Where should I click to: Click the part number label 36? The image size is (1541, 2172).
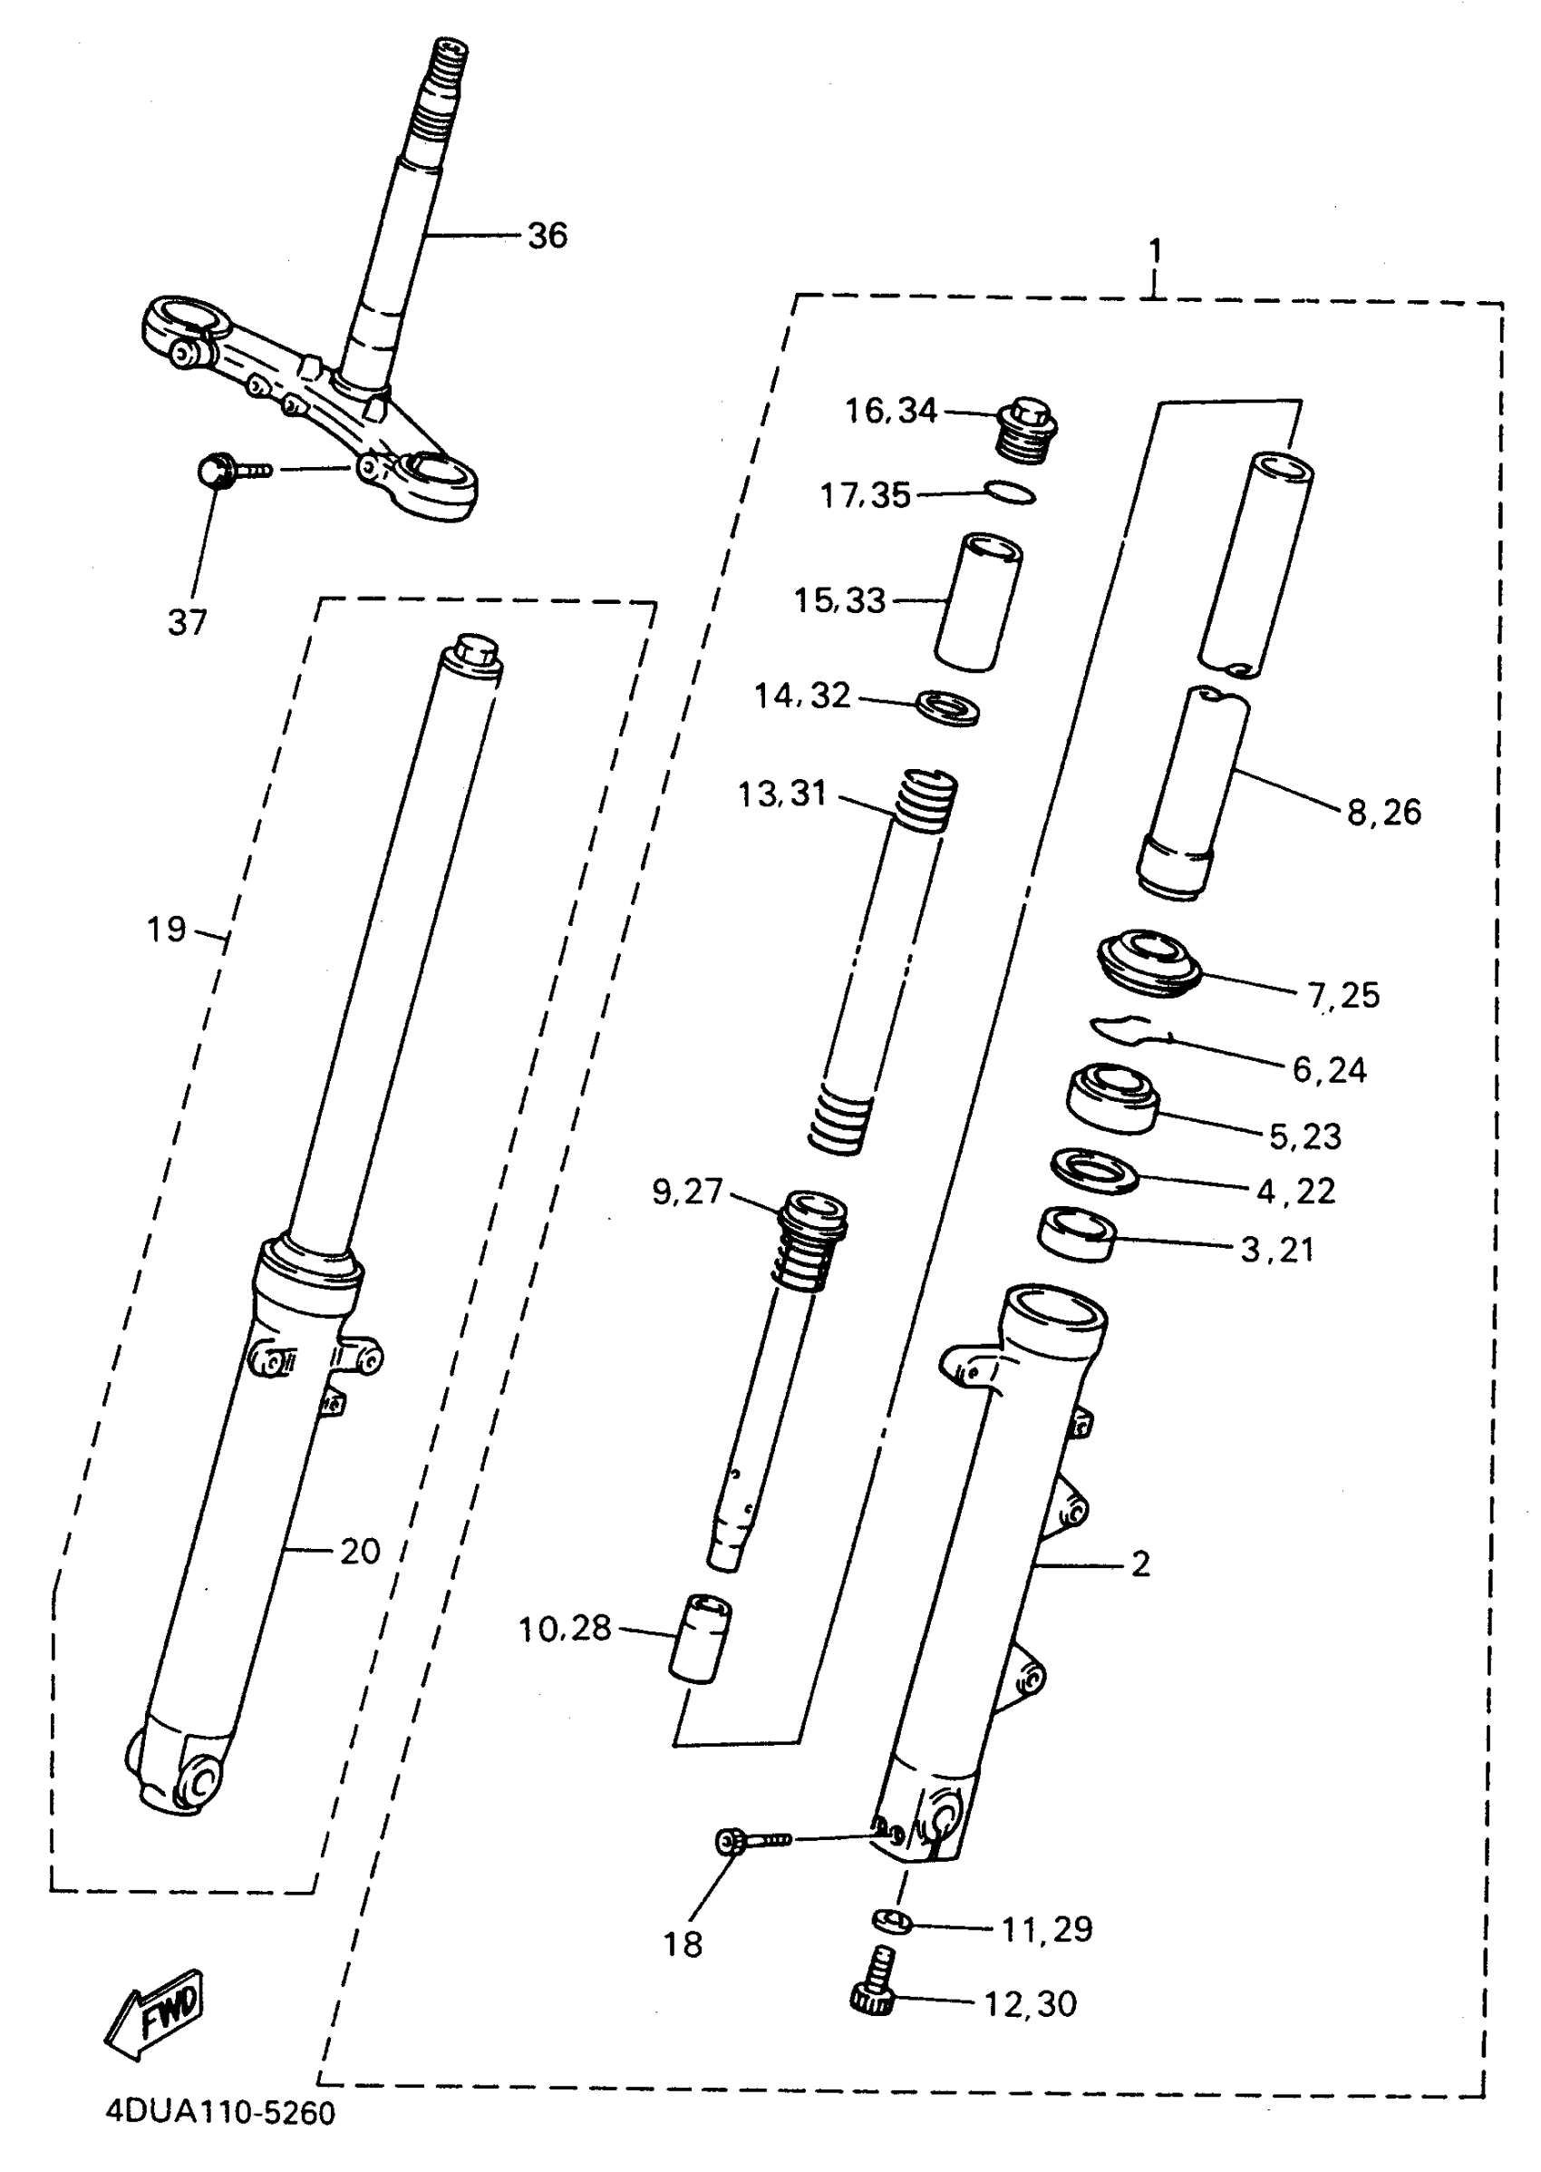tap(548, 236)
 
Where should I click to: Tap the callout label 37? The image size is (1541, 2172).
tap(187, 623)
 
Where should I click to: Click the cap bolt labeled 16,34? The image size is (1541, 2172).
tap(1028, 430)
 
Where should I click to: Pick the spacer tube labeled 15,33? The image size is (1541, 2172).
tap(978, 602)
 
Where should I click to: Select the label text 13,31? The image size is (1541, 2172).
tap(782, 794)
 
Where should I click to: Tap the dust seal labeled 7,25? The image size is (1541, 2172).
tap(1149, 962)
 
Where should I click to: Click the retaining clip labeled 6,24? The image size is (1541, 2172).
tap(1129, 1029)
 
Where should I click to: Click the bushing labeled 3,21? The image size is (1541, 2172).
tap(1076, 1234)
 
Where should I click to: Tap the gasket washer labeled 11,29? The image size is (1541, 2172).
tap(892, 1923)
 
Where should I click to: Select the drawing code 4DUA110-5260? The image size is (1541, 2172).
tap(220, 2113)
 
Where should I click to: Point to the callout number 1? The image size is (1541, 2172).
tap(1155, 251)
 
